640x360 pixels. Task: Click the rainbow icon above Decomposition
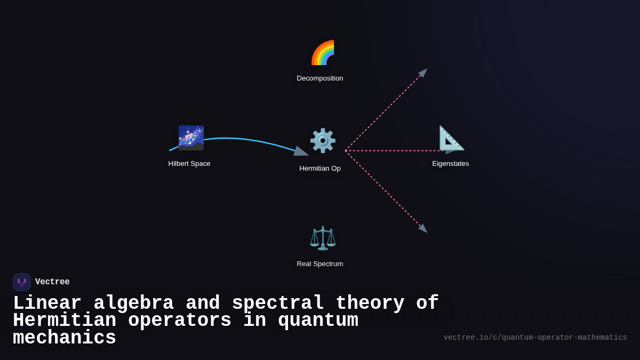click(x=323, y=53)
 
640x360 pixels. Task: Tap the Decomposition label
click(x=320, y=78)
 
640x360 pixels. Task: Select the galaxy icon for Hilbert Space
click(x=191, y=138)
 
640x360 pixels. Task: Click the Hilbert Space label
click(x=189, y=164)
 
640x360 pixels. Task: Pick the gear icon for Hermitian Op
click(x=323, y=141)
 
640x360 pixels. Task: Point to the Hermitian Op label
click(x=320, y=169)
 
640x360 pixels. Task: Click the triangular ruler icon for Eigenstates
click(x=451, y=138)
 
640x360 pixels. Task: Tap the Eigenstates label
click(x=451, y=164)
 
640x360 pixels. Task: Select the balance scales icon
click(x=323, y=238)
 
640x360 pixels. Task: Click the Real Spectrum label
click(x=320, y=264)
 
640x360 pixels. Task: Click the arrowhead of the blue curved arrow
click(x=301, y=151)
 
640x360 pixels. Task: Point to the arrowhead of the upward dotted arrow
click(x=423, y=73)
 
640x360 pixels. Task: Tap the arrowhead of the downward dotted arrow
click(x=423, y=228)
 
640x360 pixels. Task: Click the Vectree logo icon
click(x=22, y=282)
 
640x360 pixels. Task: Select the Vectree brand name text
click(x=52, y=282)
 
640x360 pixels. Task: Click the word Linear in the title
click(x=47, y=303)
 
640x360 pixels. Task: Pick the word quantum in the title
click(x=318, y=321)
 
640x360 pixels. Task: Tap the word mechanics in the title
click(x=65, y=338)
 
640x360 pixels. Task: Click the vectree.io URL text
click(x=535, y=338)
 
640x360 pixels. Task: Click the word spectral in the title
click(x=278, y=303)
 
